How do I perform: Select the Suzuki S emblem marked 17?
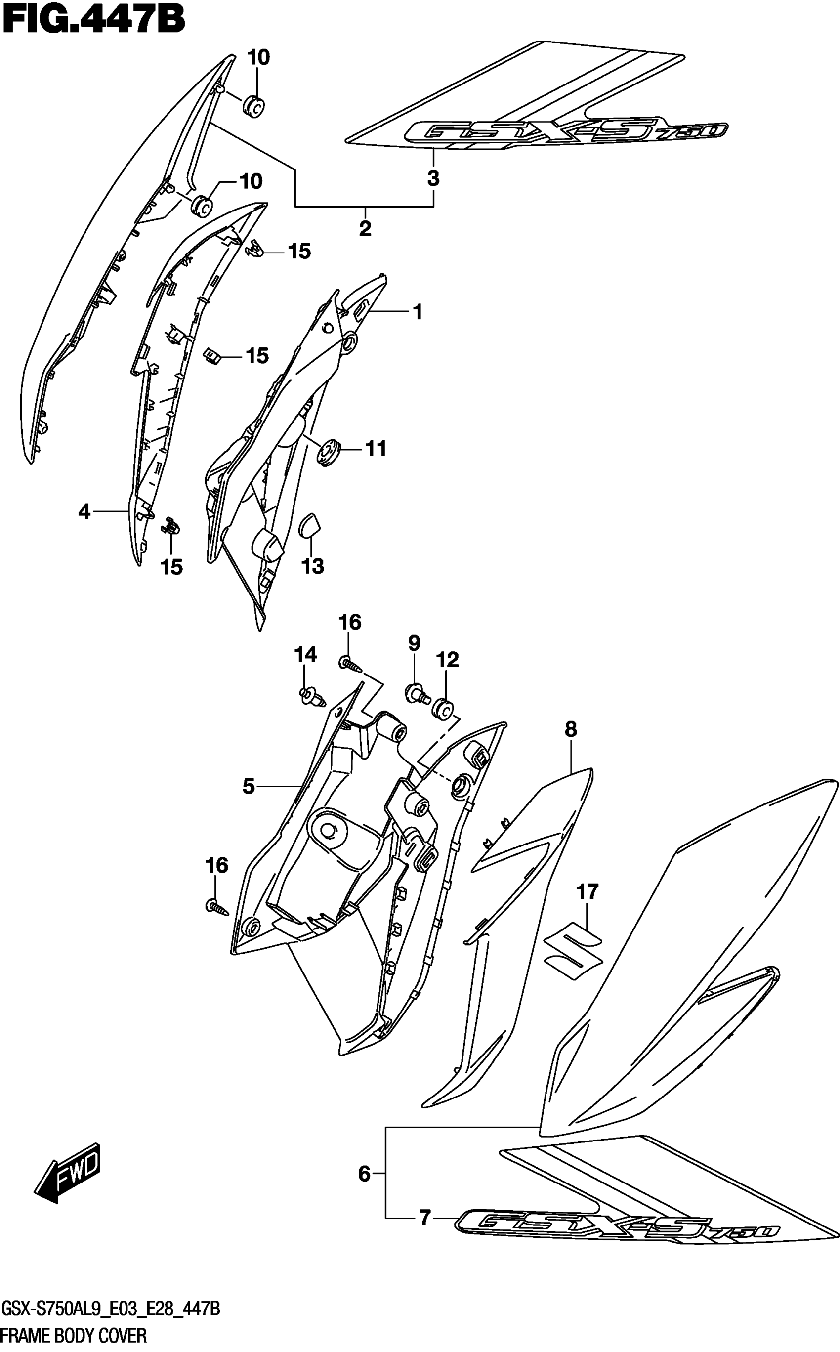[x=573, y=952]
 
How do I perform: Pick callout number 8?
[x=571, y=729]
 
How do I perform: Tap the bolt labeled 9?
[x=417, y=694]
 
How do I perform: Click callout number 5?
[x=249, y=786]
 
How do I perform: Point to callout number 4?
[x=84, y=511]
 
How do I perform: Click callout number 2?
[x=365, y=228]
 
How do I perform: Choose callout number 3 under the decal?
[x=433, y=178]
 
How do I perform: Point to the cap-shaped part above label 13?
[x=309, y=524]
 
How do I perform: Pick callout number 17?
[x=587, y=891]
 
